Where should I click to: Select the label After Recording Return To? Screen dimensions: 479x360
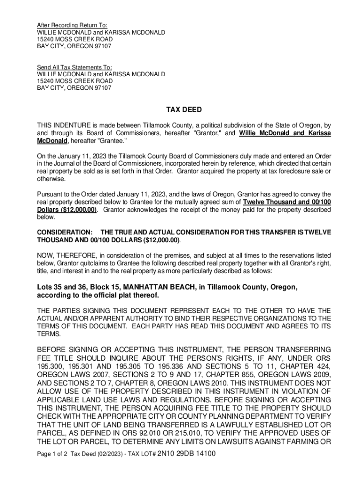(x=72, y=25)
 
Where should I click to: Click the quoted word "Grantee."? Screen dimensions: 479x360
(x=112, y=141)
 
